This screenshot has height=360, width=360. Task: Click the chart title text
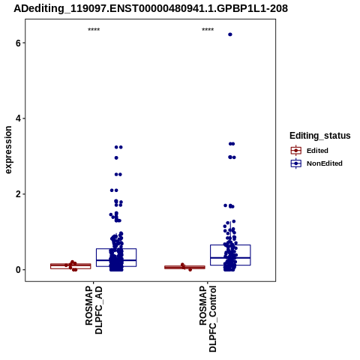151,8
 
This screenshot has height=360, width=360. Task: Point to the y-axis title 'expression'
8,150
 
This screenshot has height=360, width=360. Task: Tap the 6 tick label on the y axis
18,43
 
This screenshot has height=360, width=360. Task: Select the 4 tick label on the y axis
18,118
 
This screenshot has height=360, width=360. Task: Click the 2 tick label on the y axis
18,194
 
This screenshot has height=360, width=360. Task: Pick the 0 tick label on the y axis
18,270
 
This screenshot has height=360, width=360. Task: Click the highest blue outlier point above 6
230,34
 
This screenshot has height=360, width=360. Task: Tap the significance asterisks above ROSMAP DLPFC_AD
94,29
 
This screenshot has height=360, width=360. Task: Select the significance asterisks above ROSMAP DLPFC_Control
208,29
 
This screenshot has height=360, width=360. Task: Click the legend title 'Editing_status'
320,136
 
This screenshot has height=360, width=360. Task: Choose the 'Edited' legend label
317,151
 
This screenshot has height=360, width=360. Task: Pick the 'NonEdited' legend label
325,163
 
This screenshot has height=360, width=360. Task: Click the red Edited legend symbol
296,151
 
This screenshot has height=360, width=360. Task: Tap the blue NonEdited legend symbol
296,163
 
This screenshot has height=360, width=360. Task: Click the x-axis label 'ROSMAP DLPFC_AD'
94,310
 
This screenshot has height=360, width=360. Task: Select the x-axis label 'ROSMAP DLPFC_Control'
208,319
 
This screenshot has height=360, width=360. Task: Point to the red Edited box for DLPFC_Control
184,267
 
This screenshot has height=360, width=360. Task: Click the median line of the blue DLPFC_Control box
230,258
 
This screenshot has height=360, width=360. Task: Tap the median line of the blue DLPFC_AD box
116,260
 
